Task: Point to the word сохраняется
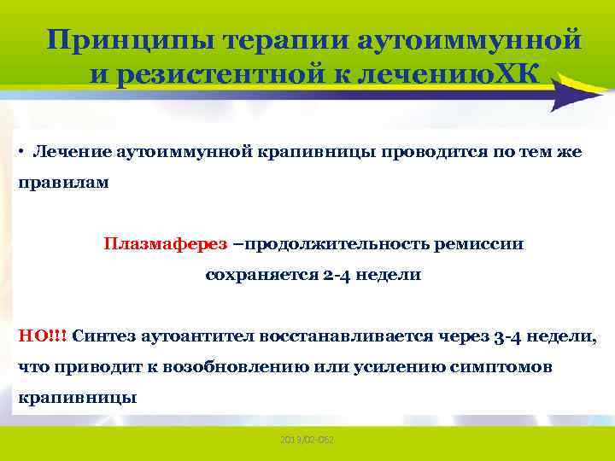click(253, 276)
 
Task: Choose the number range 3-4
click(512, 336)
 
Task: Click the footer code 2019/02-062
click(307, 439)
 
